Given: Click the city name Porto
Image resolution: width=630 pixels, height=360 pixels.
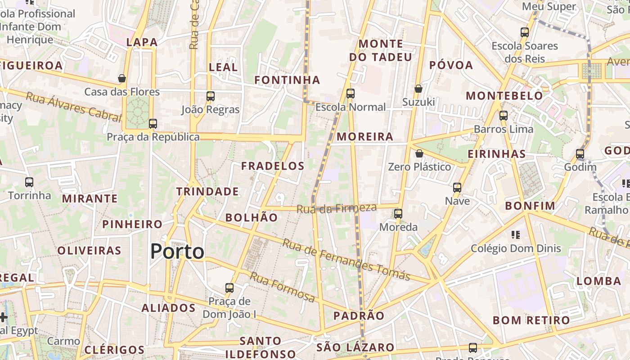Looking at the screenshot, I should click(177, 251).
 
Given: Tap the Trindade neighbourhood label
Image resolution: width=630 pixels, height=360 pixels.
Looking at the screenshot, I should click(207, 191).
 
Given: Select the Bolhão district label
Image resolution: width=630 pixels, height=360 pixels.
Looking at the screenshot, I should click(252, 217).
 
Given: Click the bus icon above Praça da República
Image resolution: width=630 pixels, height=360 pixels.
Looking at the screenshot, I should click(153, 123).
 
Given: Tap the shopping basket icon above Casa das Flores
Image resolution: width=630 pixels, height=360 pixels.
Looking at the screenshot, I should click(121, 78).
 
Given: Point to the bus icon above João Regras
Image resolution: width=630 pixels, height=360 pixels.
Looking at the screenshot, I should click(211, 96).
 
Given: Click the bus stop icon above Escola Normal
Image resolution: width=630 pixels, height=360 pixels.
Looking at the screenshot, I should click(350, 94).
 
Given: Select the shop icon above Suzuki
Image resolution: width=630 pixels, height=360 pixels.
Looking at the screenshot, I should click(418, 89).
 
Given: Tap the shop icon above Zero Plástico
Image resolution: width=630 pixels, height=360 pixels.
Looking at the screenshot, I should click(419, 153).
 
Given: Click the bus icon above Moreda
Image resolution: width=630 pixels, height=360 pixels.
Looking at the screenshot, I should click(398, 214).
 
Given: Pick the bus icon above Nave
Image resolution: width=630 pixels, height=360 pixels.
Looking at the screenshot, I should click(457, 187).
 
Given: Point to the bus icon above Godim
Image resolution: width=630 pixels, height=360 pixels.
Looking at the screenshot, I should click(580, 154).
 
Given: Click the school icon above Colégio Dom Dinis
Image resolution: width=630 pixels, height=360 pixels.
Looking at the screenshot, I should click(516, 234).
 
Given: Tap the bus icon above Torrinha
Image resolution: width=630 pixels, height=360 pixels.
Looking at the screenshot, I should click(29, 182).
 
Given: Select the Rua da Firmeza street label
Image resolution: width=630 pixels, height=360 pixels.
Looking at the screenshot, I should click(336, 208).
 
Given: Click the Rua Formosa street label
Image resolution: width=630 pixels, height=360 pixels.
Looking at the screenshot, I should click(282, 287).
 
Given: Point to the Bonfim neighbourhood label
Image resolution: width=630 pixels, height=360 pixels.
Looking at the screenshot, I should click(530, 206).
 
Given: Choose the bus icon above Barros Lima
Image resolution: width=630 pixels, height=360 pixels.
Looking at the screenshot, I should click(503, 116).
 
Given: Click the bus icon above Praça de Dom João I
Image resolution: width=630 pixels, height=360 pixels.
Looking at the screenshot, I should click(229, 288).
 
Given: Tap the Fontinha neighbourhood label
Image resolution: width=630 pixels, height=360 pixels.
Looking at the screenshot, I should click(287, 80).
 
